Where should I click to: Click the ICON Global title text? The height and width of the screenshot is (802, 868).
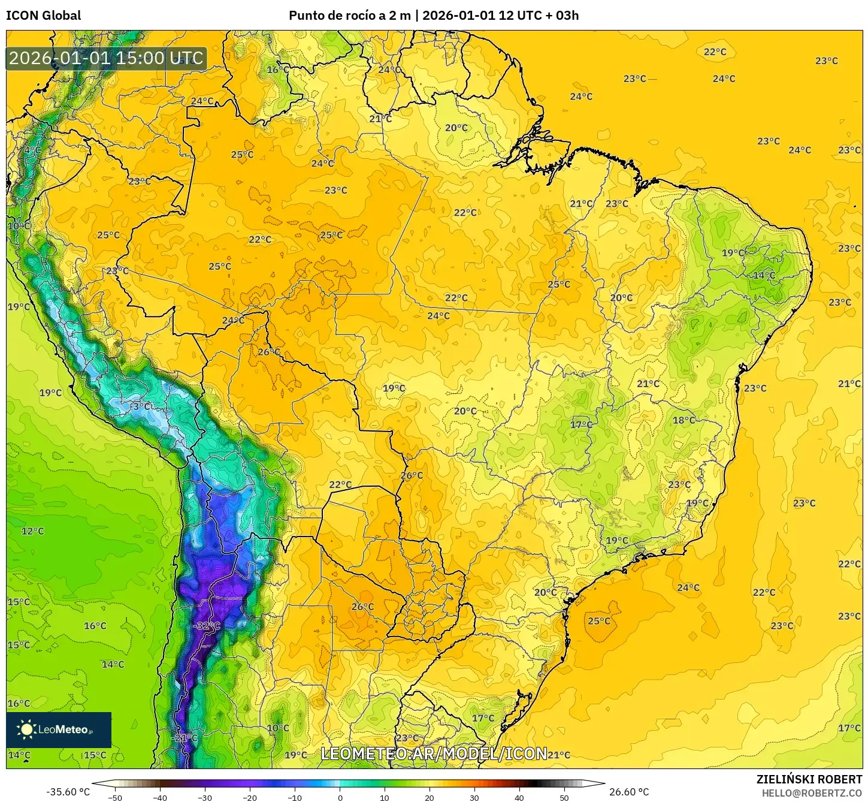[x=43, y=16]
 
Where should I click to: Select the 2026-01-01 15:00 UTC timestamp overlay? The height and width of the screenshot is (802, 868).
[x=106, y=58]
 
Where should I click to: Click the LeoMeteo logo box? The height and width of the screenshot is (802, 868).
[x=59, y=729]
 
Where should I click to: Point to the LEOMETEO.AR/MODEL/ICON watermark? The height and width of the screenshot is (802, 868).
[x=434, y=753]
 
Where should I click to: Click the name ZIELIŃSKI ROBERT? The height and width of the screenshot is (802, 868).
[x=809, y=780]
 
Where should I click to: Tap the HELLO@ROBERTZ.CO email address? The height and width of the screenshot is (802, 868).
[x=812, y=793]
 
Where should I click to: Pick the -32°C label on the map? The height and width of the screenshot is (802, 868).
[x=207, y=626]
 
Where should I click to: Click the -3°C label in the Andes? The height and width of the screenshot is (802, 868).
[x=141, y=406]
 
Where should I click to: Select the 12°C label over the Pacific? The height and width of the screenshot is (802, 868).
[x=33, y=531]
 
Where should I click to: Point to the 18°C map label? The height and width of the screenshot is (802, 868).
[x=683, y=420]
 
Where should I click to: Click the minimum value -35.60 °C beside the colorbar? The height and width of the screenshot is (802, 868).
[x=68, y=792]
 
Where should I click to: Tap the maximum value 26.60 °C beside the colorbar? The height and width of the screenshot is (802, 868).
[x=629, y=792]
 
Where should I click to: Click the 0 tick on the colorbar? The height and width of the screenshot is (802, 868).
[x=340, y=798]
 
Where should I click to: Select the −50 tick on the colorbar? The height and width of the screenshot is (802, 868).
[x=114, y=798]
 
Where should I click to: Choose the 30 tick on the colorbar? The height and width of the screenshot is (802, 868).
[x=474, y=798]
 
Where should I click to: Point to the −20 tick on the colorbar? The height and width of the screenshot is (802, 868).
[x=249, y=798]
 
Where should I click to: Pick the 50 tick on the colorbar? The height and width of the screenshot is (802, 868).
[x=564, y=798]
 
